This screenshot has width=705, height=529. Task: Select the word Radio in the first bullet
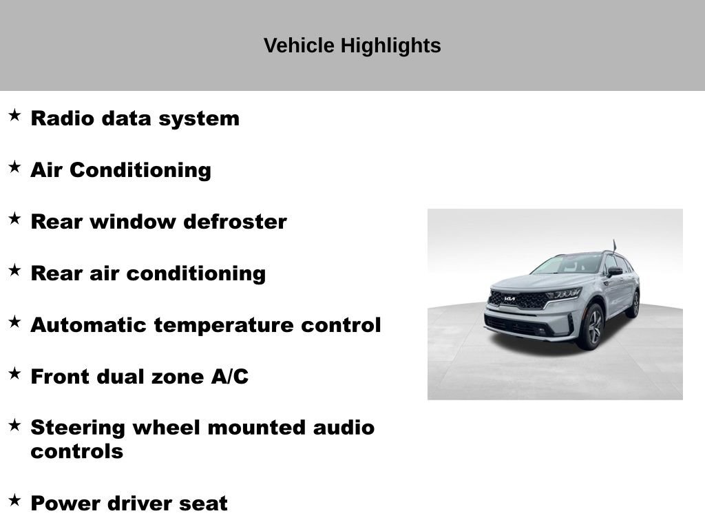point(63,118)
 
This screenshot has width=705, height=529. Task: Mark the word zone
point(172,377)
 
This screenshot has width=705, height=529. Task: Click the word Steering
point(77,428)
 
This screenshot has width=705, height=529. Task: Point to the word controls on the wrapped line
point(76,452)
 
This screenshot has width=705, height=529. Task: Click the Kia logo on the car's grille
point(510,299)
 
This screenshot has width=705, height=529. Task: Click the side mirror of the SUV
point(614,272)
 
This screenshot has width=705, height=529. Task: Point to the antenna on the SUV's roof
point(614,245)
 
